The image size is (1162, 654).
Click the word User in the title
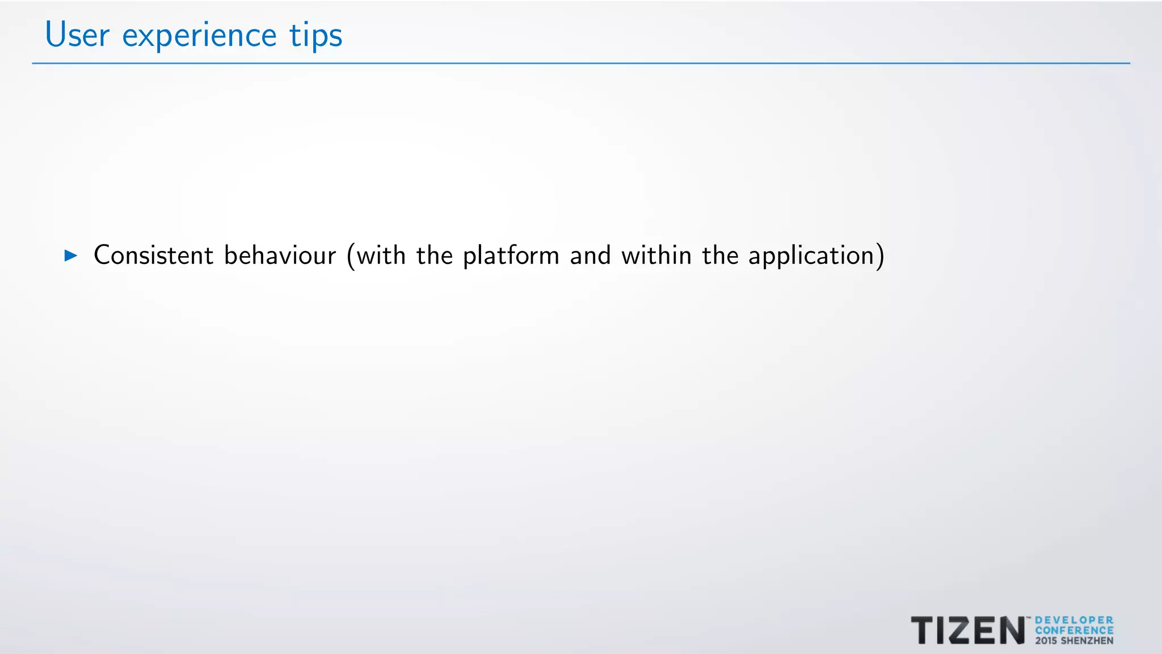coord(77,35)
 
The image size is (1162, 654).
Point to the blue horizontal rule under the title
coord(581,63)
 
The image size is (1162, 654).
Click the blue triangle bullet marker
coord(71,255)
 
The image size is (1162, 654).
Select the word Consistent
coord(153,255)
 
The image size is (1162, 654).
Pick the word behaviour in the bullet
coord(280,255)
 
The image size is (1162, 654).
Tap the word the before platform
coord(435,255)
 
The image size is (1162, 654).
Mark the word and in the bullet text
coord(590,255)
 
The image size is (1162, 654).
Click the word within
coord(656,255)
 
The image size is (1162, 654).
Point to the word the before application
coord(720,255)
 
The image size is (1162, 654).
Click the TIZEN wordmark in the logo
coord(967,631)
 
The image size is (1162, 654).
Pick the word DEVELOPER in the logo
coord(1074,621)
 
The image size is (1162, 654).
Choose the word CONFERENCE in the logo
coord(1074,630)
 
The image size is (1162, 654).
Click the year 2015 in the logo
coord(1046,641)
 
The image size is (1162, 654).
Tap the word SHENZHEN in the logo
coord(1087,641)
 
